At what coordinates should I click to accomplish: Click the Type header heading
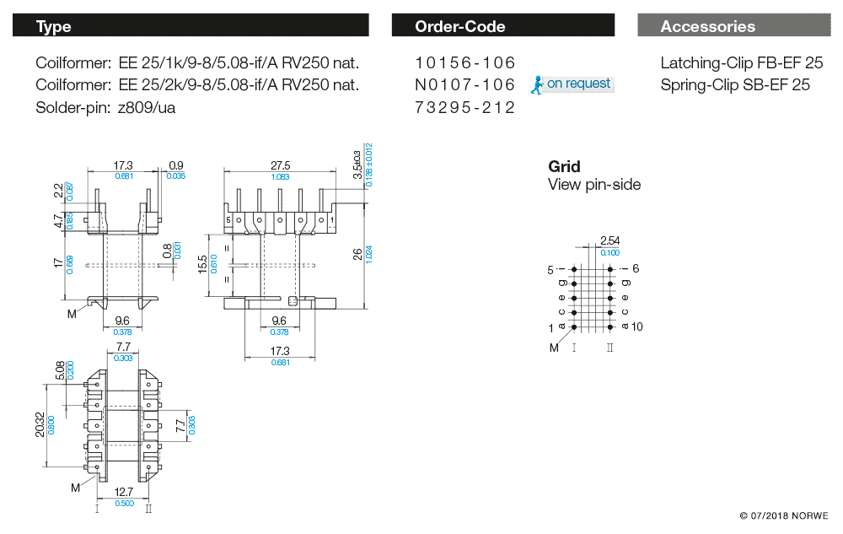[54, 27]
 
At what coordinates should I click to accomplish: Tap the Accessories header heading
[707, 27]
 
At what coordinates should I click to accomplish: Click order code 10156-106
[464, 63]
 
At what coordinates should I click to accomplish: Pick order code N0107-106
[464, 85]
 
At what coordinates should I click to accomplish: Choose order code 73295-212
[464, 108]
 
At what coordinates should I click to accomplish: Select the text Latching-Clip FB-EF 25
[741, 63]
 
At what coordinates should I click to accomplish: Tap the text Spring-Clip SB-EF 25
[734, 85]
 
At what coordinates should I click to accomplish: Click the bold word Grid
[564, 167]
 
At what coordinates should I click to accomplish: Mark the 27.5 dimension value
[280, 165]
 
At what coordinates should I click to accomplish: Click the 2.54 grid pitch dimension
[609, 241]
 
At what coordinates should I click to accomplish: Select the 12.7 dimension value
[123, 493]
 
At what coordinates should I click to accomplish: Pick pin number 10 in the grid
[636, 326]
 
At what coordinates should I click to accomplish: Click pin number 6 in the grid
[636, 268]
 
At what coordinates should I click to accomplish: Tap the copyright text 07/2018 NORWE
[783, 515]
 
